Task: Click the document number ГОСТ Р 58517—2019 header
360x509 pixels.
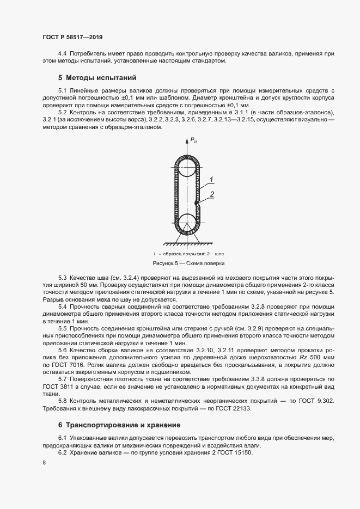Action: coord(72,38)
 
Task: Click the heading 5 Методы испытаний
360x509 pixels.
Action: coord(97,77)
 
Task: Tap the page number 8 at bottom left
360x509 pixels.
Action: coord(44,463)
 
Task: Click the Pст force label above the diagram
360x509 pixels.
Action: coord(193,141)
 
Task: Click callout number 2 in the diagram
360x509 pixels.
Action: coord(213,194)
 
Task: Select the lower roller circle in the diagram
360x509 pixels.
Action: coord(186,223)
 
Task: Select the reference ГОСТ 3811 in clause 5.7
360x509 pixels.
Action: coord(57,385)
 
